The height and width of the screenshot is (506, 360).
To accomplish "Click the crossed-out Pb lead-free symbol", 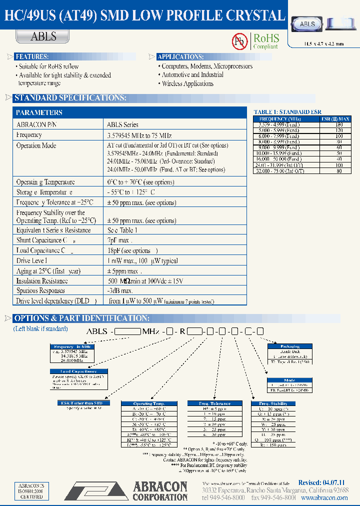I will click(x=240, y=42).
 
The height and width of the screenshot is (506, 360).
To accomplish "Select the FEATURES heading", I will click(x=32, y=56).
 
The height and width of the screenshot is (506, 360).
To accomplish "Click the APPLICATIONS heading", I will click(x=180, y=56).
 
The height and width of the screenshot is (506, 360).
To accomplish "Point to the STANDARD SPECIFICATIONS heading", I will click(x=70, y=98).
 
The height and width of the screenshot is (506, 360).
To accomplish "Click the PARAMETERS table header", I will click(x=39, y=112).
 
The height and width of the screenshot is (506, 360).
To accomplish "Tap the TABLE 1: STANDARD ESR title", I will click(x=287, y=112).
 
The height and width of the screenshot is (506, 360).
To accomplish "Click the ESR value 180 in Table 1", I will click(x=339, y=125).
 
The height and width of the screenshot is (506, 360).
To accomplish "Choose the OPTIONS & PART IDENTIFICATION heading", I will click(x=81, y=318).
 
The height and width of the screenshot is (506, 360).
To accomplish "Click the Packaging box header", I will click(x=289, y=346).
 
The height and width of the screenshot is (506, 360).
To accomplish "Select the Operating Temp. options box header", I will click(x=149, y=403).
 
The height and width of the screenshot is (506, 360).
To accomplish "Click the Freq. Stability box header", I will click(x=273, y=403).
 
